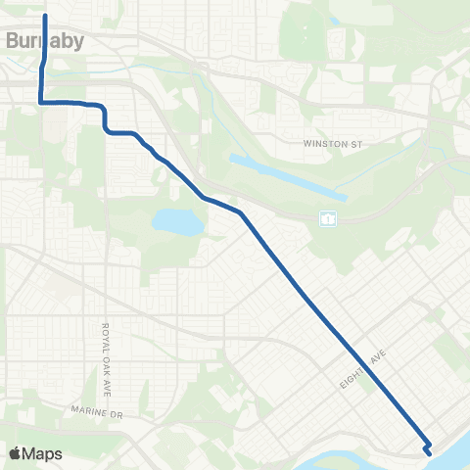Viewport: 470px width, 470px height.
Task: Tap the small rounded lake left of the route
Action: [x=177, y=222]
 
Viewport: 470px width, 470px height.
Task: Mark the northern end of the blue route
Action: [x=46, y=16]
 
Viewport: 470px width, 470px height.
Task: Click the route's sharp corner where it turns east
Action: [x=41, y=101]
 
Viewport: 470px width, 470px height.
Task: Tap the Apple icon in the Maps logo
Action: [x=15, y=453]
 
